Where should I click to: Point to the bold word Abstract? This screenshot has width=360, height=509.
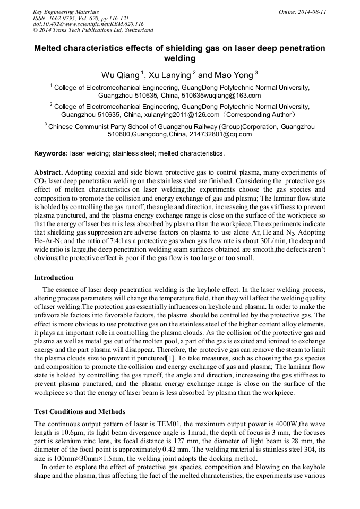49,172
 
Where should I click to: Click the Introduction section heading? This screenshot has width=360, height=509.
54,277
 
